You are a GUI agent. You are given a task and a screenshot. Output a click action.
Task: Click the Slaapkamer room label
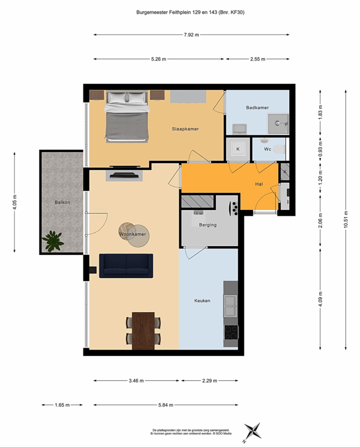[185, 129]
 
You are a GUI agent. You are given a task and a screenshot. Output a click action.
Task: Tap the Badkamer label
[257, 107]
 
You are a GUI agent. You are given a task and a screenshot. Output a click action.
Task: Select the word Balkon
[62, 203]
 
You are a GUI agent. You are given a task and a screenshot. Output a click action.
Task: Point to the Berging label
[208, 225]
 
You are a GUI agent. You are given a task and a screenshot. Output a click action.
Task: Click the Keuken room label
[202, 300]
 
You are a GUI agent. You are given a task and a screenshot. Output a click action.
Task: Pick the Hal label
[259, 184]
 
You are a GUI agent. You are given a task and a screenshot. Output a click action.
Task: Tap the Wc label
[267, 149]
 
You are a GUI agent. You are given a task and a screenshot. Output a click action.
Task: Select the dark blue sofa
[126, 266]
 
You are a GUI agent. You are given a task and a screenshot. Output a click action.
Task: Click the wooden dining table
[143, 331]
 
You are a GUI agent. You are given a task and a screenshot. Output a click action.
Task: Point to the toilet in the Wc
[279, 149]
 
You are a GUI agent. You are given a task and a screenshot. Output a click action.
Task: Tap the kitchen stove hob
[231, 332]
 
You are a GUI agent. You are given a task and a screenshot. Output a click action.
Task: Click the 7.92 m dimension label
[191, 35]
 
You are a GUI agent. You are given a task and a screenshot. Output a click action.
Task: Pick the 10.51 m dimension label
[346, 219]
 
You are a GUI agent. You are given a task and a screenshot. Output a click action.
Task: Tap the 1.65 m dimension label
[62, 405]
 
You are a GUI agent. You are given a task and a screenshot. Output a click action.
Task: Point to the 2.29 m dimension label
[209, 381]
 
